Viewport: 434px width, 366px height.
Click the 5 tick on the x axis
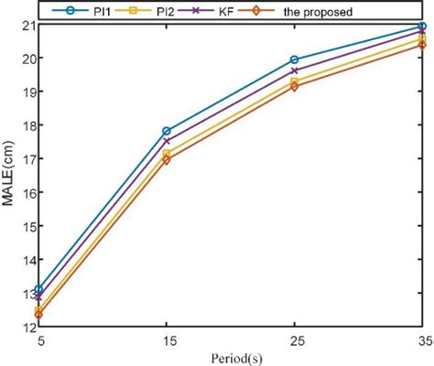point(38,339)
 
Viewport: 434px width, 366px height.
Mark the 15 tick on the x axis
point(166,339)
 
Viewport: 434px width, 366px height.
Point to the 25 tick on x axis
point(294,339)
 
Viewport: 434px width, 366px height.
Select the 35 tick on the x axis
point(420,339)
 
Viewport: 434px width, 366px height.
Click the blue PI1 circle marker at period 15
point(166,131)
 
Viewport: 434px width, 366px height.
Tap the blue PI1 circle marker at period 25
point(294,59)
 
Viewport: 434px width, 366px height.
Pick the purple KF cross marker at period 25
point(294,70)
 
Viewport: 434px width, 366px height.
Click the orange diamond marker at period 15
point(166,159)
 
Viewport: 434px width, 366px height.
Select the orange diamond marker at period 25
point(294,86)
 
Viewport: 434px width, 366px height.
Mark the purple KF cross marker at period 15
point(166,141)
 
